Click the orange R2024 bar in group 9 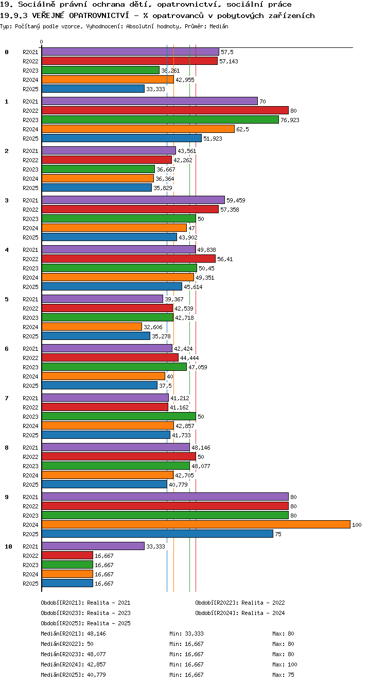click(196, 525)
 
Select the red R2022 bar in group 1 click(165, 110)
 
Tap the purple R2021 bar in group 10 click(93, 546)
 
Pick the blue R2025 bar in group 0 click(93, 89)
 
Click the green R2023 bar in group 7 click(119, 416)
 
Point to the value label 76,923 click(290, 120)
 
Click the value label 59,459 click(236, 200)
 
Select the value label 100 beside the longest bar click(357, 525)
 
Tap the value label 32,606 click(153, 327)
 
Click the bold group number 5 click(7, 299)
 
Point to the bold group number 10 click(8, 546)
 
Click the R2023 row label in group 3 click(30, 219)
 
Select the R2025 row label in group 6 click(30, 386)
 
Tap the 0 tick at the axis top click(42, 42)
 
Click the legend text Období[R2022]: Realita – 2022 click(240, 603)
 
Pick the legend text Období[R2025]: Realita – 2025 click(85, 623)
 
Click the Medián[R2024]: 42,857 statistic click(73, 664)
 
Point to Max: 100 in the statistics click(285, 664)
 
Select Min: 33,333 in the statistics click(186, 634)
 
